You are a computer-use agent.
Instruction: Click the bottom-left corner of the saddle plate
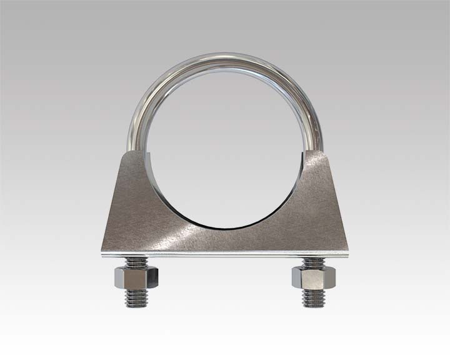99,254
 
